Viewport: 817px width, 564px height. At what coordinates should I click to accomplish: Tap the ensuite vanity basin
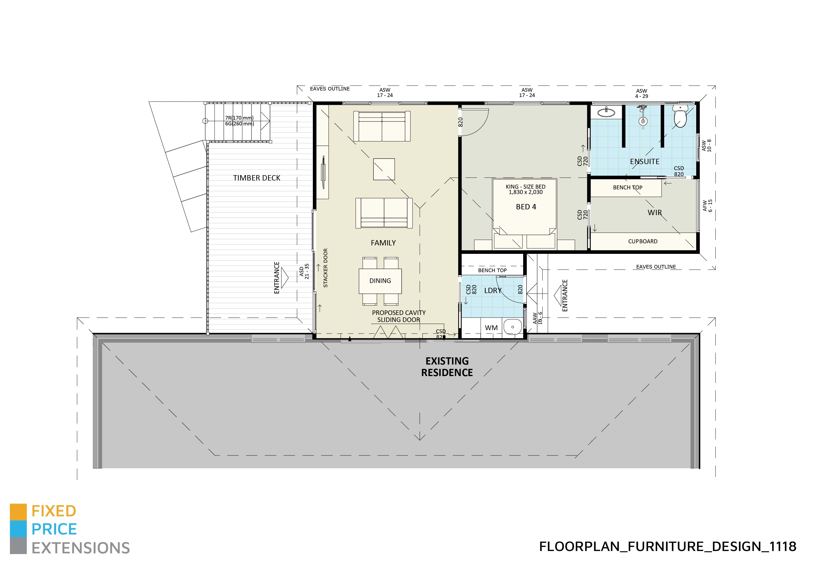coord(607,113)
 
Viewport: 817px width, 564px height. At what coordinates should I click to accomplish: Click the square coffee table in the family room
coord(384,169)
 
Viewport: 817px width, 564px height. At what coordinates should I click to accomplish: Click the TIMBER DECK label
coord(257,178)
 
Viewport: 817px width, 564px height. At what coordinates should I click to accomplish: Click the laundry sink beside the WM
coord(512,327)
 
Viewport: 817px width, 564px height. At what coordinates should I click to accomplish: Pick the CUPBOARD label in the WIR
coord(643,241)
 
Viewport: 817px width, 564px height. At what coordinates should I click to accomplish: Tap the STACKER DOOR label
coord(325,268)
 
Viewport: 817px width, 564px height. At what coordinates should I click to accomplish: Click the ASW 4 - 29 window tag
coord(641,94)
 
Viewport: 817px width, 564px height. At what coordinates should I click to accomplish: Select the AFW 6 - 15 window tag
coord(707,206)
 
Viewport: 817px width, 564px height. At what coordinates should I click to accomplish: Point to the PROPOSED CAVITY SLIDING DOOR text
coord(399,316)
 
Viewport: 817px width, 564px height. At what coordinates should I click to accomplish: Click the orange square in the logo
coord(18,512)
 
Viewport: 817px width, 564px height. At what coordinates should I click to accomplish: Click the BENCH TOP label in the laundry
coord(492,270)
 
